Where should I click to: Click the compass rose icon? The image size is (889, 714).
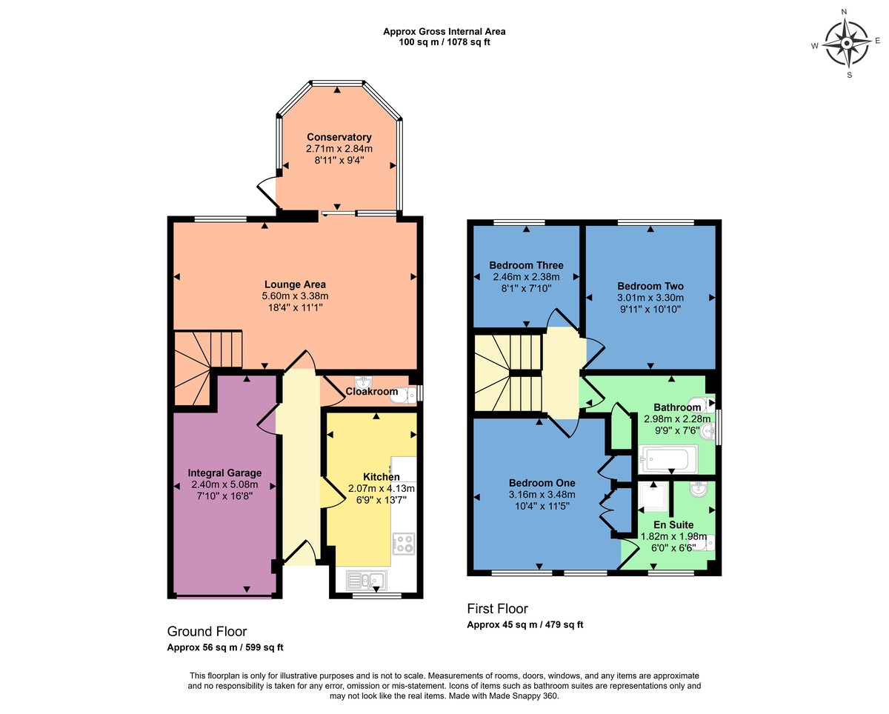pos(845,43)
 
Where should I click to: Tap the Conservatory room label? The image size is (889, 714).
pos(339,137)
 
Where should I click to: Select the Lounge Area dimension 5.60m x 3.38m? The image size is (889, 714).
pos(295,296)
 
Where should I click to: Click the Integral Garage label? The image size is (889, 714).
pos(224,473)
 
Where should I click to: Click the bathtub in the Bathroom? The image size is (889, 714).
pos(667,459)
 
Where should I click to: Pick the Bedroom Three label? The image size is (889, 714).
pos(526,265)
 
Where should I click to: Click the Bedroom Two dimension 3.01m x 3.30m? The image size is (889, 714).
pos(650,297)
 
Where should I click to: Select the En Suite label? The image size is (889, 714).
pos(674,524)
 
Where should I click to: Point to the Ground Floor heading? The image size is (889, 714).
pos(207,631)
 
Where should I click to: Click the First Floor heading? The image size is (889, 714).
pos(497,609)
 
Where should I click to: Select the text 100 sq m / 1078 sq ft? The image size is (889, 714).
pos(444,42)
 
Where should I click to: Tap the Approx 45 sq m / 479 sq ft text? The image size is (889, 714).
pos(525,625)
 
